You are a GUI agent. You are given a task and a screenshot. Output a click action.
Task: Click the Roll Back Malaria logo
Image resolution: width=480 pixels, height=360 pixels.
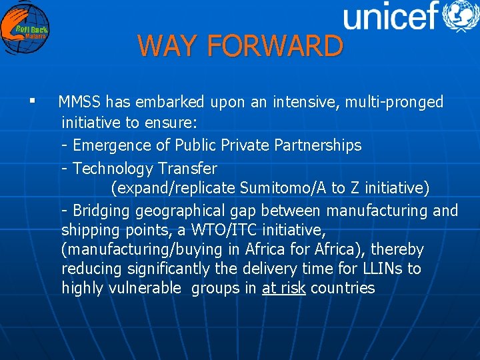coord(25,28)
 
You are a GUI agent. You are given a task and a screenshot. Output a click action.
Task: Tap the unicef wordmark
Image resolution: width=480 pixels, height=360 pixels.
coord(390,16)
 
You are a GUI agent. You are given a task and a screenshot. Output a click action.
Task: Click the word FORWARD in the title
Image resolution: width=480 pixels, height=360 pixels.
coord(275,46)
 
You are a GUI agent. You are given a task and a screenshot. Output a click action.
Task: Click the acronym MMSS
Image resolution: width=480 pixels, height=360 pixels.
coord(79,102)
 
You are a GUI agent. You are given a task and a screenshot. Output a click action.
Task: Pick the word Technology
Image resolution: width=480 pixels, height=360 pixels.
coord(113,168)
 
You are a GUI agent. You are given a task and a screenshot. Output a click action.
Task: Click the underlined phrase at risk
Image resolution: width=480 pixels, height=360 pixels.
coord(284,288)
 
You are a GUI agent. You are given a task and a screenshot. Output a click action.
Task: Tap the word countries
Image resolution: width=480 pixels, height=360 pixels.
coord(343,288)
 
